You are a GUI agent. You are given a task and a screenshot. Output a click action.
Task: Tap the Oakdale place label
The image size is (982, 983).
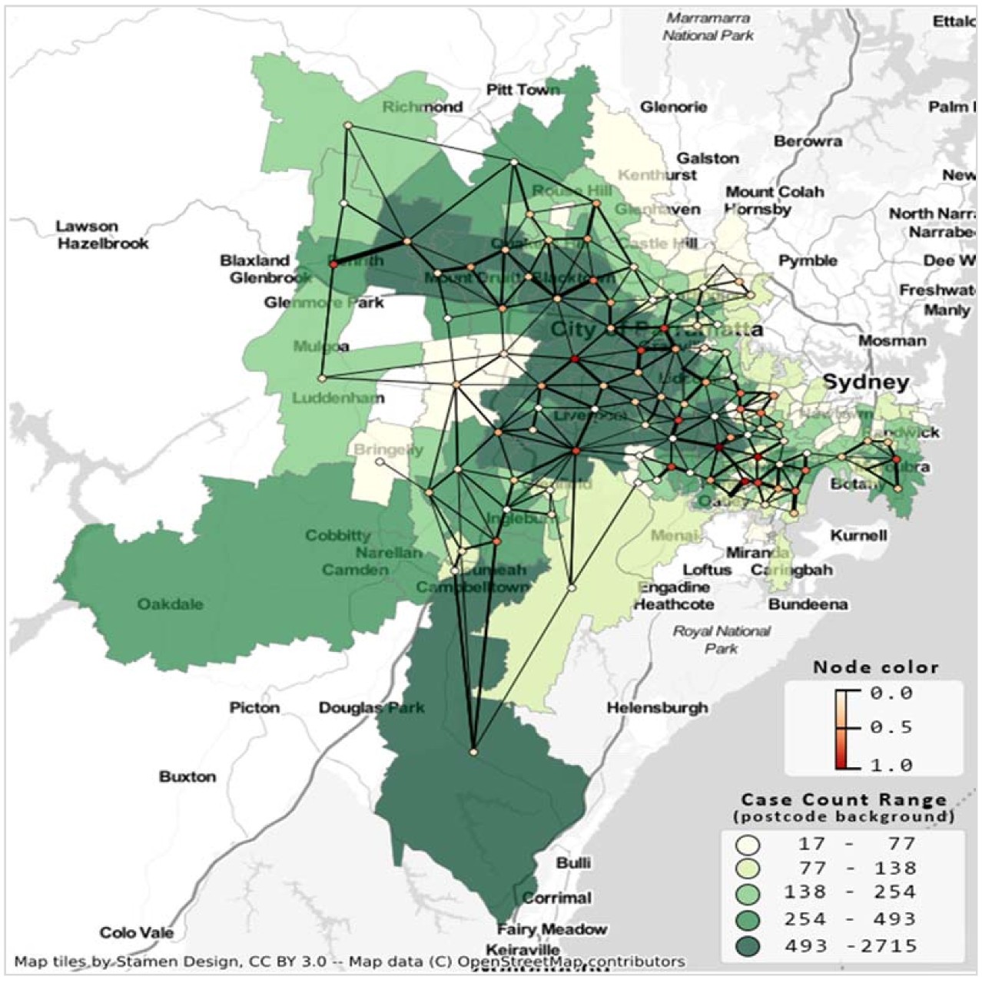(x=171, y=604)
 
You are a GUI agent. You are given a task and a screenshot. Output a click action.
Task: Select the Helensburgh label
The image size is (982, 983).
(x=658, y=707)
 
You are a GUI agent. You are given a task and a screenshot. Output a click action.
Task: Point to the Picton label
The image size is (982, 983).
(x=254, y=707)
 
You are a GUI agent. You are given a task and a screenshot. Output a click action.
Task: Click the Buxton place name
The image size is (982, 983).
(x=187, y=776)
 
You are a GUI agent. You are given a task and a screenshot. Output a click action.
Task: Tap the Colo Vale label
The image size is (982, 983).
(x=137, y=933)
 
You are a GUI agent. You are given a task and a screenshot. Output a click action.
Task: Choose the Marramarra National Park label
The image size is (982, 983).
(x=708, y=26)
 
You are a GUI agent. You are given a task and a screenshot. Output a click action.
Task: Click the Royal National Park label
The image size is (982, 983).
(x=721, y=640)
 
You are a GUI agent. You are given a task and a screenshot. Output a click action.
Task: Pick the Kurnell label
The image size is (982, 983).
(x=858, y=535)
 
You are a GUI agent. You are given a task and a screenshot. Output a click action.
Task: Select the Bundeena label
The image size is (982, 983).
(x=808, y=604)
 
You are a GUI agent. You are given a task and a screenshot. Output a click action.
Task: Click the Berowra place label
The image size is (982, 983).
(x=808, y=141)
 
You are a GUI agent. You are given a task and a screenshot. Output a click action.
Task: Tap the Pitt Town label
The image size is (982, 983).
(x=523, y=90)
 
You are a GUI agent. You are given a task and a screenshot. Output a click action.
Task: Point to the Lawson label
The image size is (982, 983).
(x=87, y=227)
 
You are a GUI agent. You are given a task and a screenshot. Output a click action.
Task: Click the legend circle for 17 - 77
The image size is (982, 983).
(x=748, y=845)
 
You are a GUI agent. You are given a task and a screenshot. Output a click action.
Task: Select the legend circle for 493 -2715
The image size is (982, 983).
(x=748, y=946)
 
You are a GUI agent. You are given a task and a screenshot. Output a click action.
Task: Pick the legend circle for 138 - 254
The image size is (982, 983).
(x=748, y=894)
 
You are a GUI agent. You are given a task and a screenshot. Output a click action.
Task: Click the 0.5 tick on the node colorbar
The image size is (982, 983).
(x=891, y=726)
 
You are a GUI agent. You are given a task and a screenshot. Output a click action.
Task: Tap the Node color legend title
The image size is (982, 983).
(x=875, y=667)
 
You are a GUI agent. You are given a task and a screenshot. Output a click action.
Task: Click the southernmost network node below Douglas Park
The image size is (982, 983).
(x=473, y=752)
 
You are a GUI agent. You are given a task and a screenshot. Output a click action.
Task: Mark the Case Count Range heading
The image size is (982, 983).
(x=843, y=799)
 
